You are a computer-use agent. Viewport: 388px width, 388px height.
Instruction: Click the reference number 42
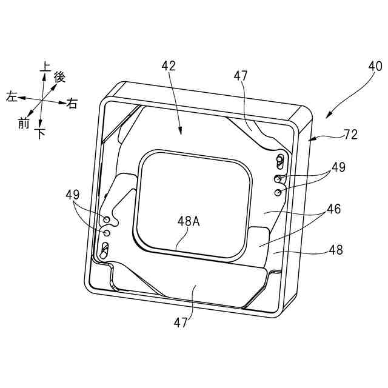(168, 67)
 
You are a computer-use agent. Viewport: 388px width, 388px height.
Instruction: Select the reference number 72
(350, 135)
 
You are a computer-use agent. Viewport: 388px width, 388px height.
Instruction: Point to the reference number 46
(333, 209)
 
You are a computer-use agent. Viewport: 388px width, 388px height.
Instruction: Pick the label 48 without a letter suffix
(335, 249)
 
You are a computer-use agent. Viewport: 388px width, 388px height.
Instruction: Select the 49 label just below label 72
(338, 167)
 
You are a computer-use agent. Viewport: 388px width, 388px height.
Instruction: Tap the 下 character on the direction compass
(41, 134)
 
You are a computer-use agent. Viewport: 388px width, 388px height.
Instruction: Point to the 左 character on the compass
(11, 96)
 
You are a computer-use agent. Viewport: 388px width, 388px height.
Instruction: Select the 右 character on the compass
(72, 104)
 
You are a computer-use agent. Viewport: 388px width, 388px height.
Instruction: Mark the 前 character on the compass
(24, 123)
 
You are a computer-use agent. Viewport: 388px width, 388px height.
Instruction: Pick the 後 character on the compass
(59, 77)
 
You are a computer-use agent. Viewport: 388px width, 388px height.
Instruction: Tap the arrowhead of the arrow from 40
(328, 115)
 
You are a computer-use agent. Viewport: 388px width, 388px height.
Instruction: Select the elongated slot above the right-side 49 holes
(280, 161)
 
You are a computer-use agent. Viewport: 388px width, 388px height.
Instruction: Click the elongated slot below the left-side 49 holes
(105, 248)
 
